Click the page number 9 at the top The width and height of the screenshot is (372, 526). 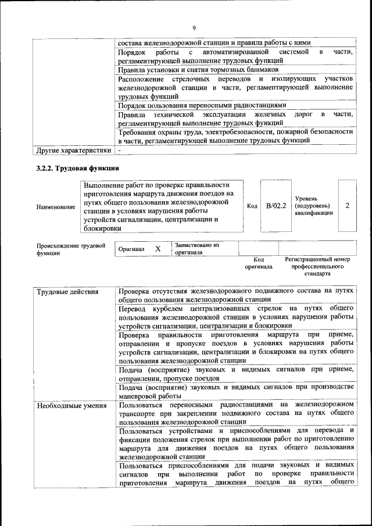pyautogui.click(x=194, y=27)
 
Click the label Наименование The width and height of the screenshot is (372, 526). pyautogui.click(x=55, y=206)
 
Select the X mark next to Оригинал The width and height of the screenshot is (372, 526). pyautogui.click(x=158, y=249)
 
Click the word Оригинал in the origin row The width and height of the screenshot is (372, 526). pyautogui.click(x=131, y=249)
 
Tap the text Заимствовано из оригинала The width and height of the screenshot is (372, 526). pyautogui.click(x=197, y=249)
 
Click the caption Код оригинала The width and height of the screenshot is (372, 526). pyautogui.click(x=259, y=263)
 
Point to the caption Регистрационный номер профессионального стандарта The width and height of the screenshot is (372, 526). pyautogui.click(x=317, y=266)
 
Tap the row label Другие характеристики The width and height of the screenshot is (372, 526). pyautogui.click(x=73, y=150)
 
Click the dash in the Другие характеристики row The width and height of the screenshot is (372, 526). pyautogui.click(x=120, y=150)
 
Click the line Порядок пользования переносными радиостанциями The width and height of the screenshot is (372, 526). pyautogui.click(x=202, y=105)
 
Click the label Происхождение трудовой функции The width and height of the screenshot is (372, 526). pyautogui.click(x=70, y=249)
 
